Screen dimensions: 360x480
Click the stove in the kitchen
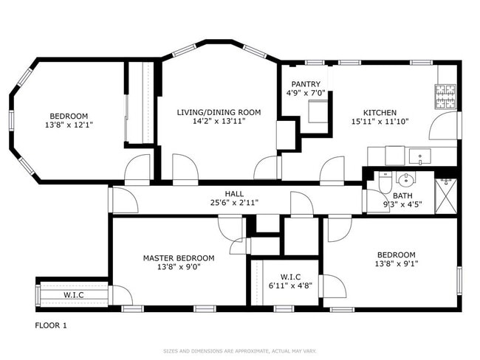pos(446,96)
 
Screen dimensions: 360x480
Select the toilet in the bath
pos(383,181)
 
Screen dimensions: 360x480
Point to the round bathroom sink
pos(404,179)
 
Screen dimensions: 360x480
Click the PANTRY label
pos(305,84)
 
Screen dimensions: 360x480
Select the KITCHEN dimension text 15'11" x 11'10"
pos(380,122)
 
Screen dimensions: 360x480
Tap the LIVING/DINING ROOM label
pos(219,112)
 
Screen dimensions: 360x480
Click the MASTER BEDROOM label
pos(179,257)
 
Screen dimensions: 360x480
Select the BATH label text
pos(402,195)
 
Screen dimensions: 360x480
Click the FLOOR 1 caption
pos(51,325)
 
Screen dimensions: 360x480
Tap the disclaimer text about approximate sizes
pos(239,350)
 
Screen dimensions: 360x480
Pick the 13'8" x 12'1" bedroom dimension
pos(69,125)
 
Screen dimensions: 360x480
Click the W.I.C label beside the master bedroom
pos(73,296)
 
